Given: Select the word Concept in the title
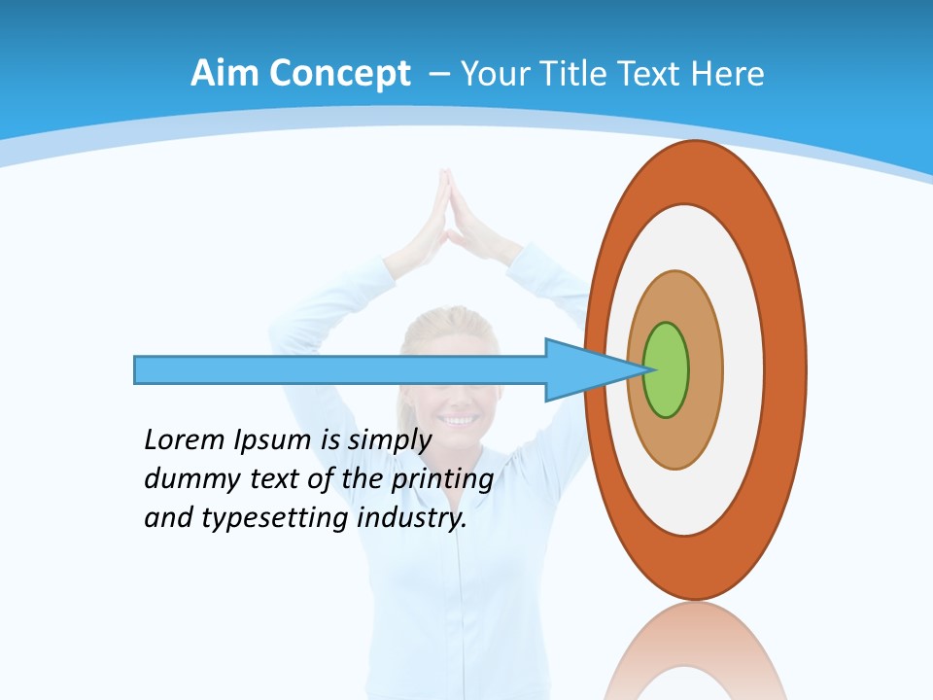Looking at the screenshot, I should coord(339,74).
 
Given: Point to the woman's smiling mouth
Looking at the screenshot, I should coord(460,420).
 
